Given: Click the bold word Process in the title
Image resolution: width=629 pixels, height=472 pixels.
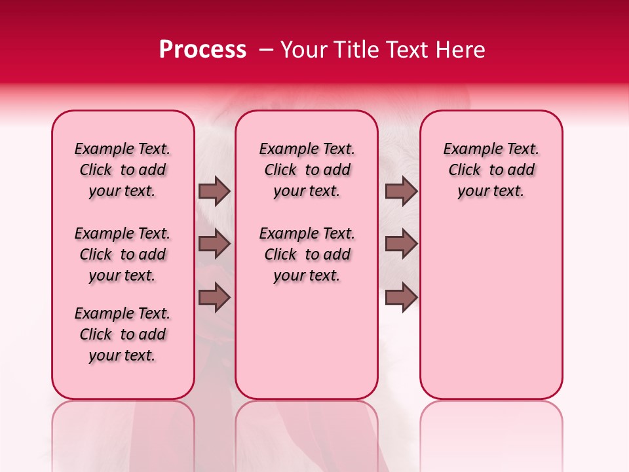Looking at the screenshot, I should [x=202, y=50].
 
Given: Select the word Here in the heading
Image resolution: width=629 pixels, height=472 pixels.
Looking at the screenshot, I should [x=459, y=50].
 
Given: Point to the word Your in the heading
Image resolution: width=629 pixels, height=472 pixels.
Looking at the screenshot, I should [x=305, y=50].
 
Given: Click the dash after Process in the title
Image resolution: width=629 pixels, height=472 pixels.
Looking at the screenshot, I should [x=266, y=50].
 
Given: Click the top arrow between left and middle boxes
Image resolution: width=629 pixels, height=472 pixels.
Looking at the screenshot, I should [x=214, y=191].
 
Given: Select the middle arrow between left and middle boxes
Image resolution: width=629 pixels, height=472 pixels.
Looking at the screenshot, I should [x=214, y=244].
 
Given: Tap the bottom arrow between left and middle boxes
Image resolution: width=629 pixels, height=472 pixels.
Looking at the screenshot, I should [x=214, y=298].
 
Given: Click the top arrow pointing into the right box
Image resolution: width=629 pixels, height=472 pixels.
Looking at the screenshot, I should [x=402, y=191].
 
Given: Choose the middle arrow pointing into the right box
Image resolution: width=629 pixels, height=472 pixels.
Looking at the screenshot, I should [x=402, y=244].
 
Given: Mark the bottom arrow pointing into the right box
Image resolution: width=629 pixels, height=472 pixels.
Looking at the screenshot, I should [x=402, y=298].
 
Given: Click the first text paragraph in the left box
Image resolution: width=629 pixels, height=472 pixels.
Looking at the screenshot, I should [x=123, y=170].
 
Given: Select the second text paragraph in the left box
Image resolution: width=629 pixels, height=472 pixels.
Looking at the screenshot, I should [x=123, y=254].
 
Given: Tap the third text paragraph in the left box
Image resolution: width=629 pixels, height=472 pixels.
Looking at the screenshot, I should [x=123, y=334].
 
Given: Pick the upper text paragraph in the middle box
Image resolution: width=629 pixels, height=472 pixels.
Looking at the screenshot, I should [x=307, y=170].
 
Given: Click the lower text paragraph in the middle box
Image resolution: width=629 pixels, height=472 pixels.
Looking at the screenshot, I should [x=307, y=254].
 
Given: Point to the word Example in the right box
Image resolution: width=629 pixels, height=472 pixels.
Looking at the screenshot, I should [x=469, y=149].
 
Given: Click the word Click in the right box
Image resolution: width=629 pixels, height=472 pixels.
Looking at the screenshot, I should [x=465, y=170].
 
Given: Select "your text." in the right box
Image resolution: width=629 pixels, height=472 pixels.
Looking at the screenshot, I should [x=491, y=191].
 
